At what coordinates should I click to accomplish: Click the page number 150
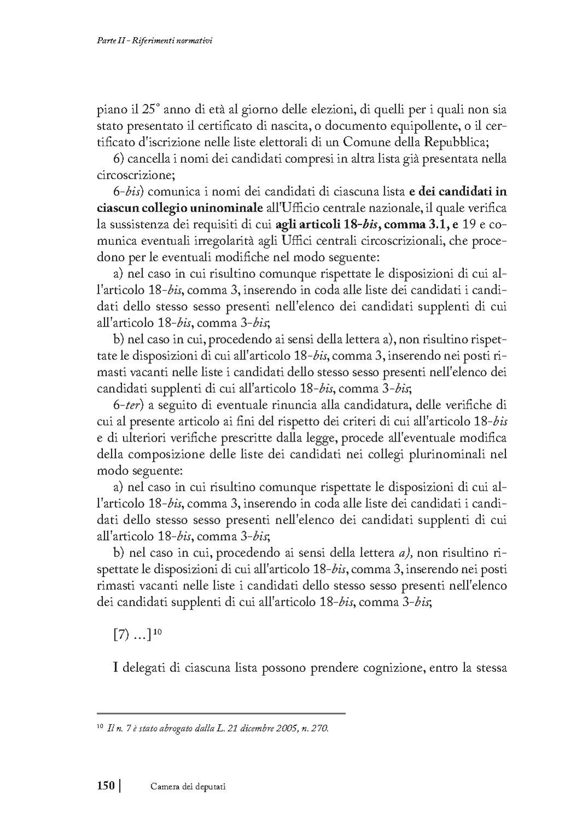point(106,786)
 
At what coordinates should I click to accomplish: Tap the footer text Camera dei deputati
point(188,787)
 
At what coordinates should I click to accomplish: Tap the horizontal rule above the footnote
point(221,713)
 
